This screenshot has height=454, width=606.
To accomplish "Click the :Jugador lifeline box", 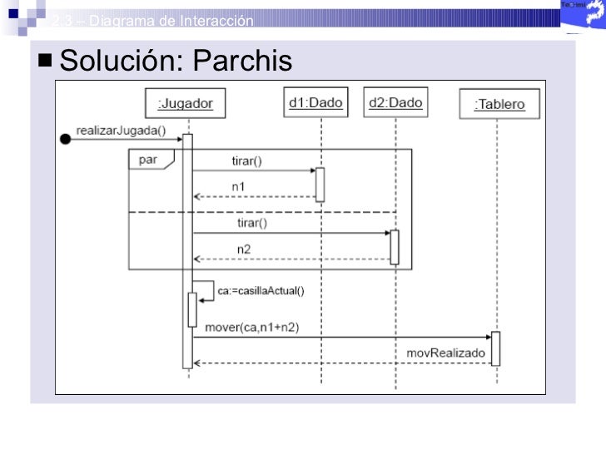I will click(x=186, y=104).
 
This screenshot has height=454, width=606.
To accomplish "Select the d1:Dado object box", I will click(x=315, y=103).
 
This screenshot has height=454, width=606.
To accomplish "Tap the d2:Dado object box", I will click(x=395, y=103).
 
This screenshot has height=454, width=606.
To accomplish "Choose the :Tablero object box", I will click(x=499, y=105).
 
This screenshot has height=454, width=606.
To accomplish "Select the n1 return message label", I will click(x=238, y=186).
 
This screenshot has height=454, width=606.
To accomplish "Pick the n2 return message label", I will click(x=242, y=249).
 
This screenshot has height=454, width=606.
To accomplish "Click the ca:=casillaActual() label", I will click(x=261, y=290).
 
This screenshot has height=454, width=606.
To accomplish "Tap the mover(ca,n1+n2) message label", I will click(x=251, y=327).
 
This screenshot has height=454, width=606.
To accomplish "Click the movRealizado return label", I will click(x=445, y=353).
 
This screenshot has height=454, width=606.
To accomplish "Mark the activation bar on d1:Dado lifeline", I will click(x=320, y=184).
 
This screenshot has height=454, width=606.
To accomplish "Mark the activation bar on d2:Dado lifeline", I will click(x=395, y=246).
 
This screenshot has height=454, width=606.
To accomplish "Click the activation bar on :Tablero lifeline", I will click(x=495, y=348).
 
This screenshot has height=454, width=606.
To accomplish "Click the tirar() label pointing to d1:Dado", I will click(x=246, y=160).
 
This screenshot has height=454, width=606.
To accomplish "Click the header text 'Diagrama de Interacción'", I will click(x=171, y=21).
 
